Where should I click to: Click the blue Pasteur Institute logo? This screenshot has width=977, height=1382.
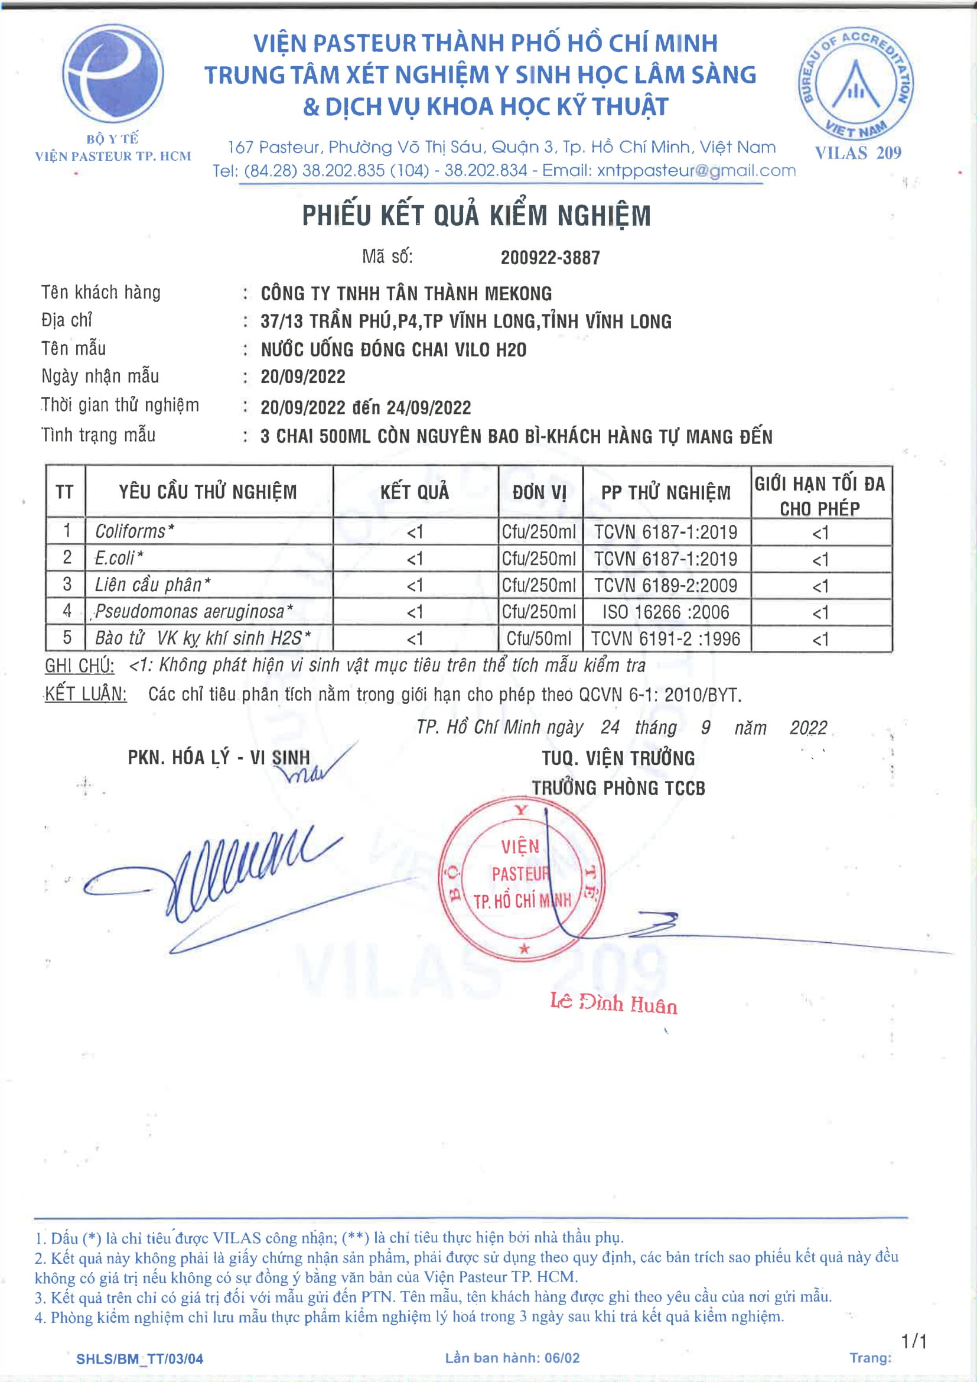click(x=112, y=74)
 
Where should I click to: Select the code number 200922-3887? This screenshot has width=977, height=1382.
click(x=550, y=258)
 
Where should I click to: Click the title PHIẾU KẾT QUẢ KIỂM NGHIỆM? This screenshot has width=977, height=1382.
click(x=476, y=216)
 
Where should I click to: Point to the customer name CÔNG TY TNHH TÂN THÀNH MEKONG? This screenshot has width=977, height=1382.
click(x=406, y=294)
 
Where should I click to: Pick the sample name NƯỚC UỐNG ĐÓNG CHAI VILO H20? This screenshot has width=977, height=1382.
click(x=393, y=350)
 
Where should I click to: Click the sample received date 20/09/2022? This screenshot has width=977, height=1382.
click(x=302, y=377)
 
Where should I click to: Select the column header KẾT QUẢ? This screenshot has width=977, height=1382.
click(x=415, y=492)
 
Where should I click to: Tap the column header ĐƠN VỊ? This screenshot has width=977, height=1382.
click(x=540, y=492)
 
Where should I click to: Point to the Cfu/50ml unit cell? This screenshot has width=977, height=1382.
click(x=539, y=638)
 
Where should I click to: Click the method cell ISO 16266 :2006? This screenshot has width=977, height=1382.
click(x=665, y=612)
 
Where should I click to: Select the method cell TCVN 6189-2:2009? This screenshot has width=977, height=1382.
click(x=665, y=585)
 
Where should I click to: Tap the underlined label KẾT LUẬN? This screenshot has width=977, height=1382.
click(x=86, y=694)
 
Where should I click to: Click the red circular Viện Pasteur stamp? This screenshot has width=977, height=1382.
click(x=521, y=878)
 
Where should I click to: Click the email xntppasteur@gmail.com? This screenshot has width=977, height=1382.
click(x=696, y=171)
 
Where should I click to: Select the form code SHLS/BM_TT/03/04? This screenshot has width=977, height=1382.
click(x=139, y=1358)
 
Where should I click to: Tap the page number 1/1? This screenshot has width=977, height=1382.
click(x=914, y=1341)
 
